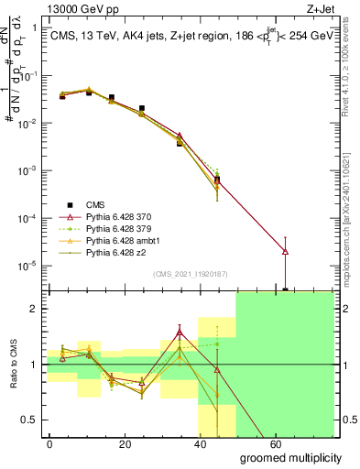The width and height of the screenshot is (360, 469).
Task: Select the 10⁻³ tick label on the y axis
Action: [x=27, y=170]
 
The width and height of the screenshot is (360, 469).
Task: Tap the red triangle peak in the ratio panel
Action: [x=180, y=333]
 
